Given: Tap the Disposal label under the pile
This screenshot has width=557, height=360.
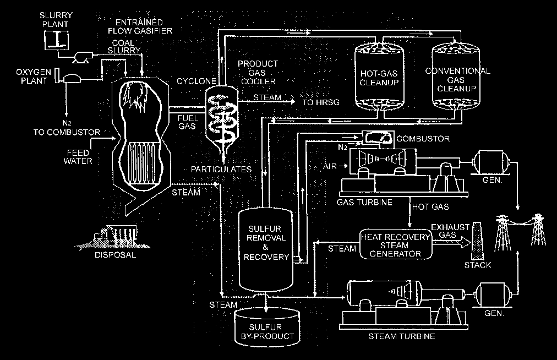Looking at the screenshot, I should [114, 255].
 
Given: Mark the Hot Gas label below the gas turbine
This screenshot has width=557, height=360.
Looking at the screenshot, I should [430, 207].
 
